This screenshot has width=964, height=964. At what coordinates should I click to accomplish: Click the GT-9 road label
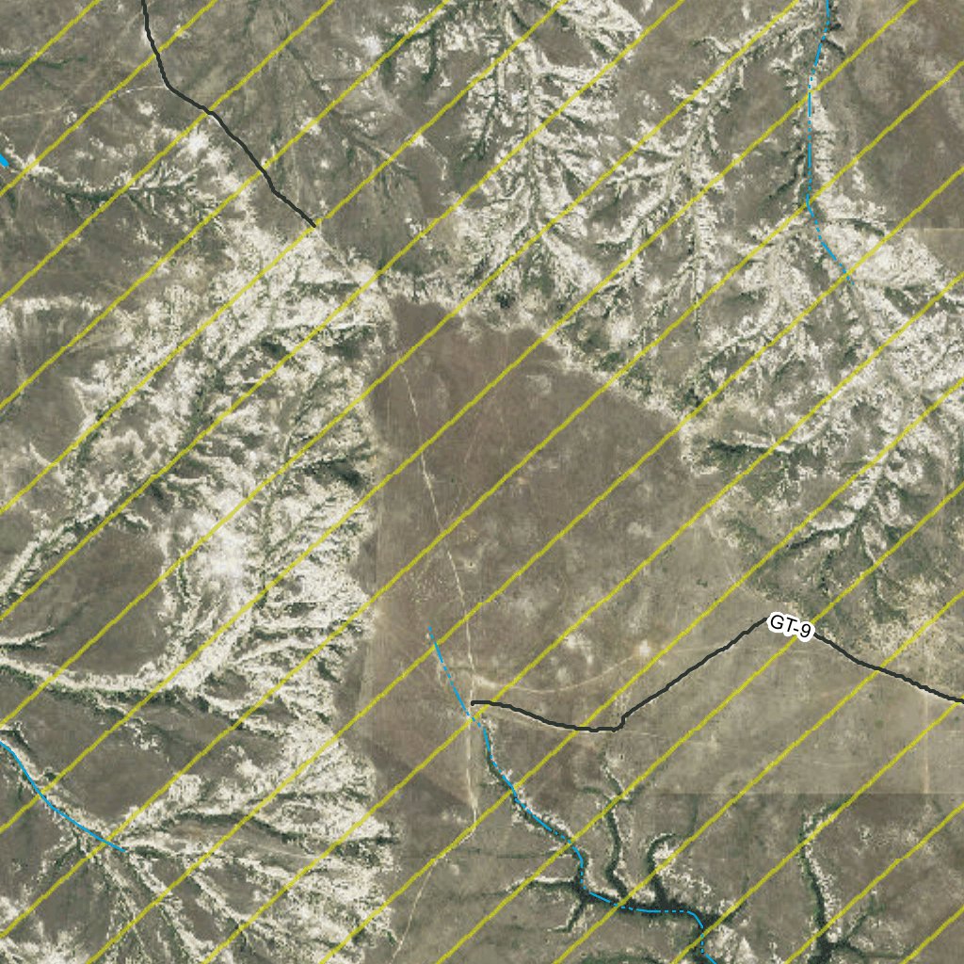point(790,626)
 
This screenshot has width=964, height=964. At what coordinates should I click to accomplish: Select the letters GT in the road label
point(779,622)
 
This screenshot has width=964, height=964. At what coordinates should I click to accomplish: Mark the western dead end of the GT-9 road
point(473,702)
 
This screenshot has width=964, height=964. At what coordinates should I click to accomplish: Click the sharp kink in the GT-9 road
point(620,725)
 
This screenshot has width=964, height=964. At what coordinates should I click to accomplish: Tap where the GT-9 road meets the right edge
point(961,701)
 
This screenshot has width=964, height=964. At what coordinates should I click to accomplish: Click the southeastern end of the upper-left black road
point(314,226)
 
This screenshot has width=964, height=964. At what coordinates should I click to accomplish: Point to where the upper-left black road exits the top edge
point(143,3)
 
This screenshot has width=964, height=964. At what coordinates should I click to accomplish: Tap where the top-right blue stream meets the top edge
point(828,3)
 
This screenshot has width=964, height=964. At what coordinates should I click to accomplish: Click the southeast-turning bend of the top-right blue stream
point(811,202)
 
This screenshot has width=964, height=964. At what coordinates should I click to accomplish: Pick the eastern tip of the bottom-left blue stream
point(122,850)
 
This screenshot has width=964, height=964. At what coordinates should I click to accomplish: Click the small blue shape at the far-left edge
point(3,161)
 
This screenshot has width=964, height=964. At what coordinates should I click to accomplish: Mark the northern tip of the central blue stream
point(429,626)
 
